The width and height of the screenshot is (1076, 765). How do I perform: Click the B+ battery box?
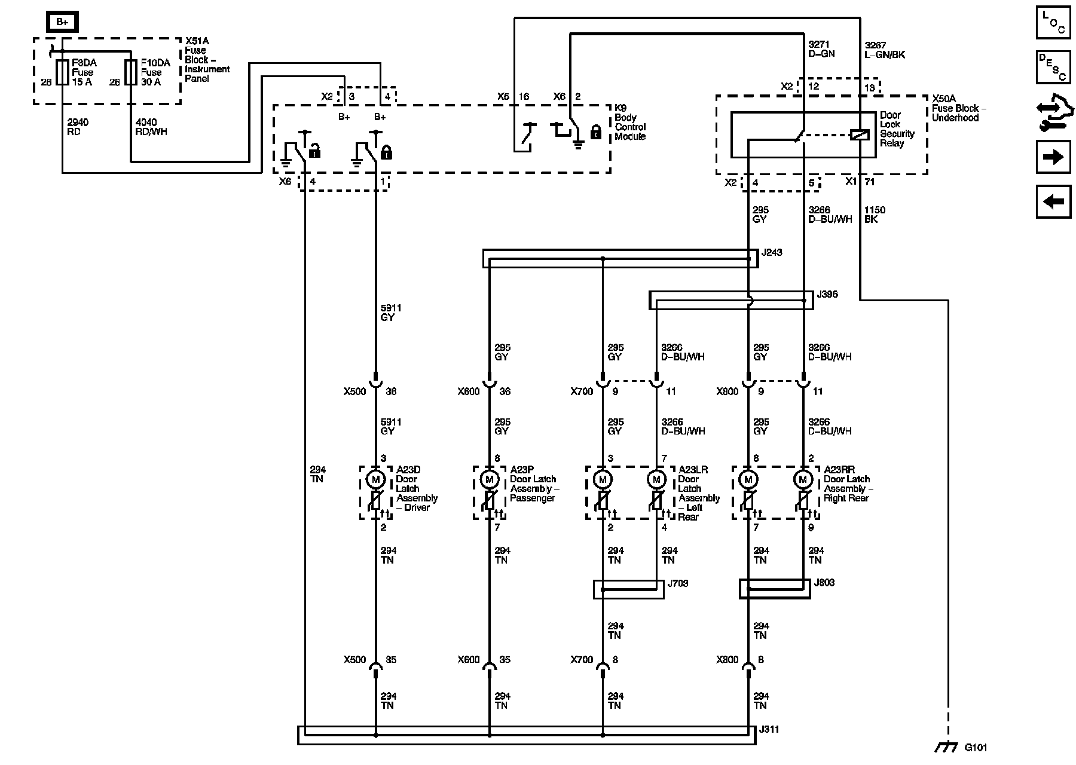tap(62, 22)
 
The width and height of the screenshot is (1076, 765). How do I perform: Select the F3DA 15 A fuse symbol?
tap(62, 72)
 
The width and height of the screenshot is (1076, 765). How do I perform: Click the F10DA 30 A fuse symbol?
tap(131, 72)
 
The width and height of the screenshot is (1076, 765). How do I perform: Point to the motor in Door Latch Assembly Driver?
tap(376, 479)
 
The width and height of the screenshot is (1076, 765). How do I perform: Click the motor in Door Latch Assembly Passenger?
tap(490, 479)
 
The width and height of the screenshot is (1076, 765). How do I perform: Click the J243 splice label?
tap(772, 253)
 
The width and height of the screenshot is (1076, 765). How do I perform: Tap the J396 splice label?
tap(827, 295)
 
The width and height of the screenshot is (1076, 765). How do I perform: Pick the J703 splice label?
tap(678, 583)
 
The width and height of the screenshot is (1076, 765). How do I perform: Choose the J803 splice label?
tap(824, 583)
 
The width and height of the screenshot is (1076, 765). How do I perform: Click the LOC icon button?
tap(1053, 22)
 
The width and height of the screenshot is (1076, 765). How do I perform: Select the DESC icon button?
tap(1053, 66)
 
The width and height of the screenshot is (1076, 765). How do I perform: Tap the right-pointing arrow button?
tap(1053, 157)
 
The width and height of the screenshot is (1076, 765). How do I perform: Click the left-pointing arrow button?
tap(1053, 201)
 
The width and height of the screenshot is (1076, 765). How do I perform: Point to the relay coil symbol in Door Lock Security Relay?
tap(860, 135)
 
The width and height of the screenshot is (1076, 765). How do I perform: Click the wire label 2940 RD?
tap(78, 127)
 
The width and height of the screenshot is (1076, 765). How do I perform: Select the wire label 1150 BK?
tap(875, 215)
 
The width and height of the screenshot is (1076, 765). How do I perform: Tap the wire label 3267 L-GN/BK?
tap(885, 50)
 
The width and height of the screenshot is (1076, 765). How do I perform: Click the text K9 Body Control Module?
tap(630, 123)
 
